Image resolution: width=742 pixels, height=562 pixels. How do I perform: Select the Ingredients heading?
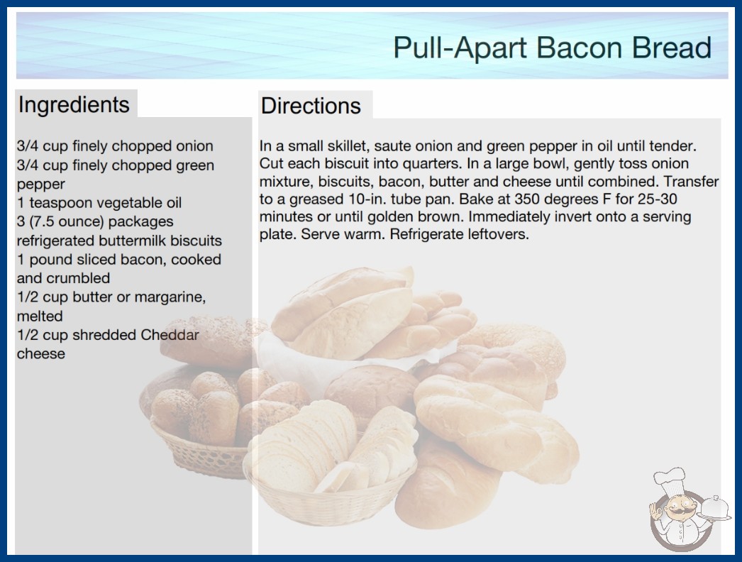(x=74, y=104)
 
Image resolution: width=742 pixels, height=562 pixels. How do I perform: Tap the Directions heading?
(x=311, y=106)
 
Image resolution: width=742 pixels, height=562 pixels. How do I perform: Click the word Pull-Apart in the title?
(x=460, y=48)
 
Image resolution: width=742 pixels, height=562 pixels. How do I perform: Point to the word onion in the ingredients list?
(x=194, y=146)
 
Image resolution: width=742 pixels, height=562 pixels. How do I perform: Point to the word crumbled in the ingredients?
(x=85, y=278)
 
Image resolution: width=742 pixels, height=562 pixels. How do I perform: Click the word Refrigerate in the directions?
(x=421, y=234)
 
